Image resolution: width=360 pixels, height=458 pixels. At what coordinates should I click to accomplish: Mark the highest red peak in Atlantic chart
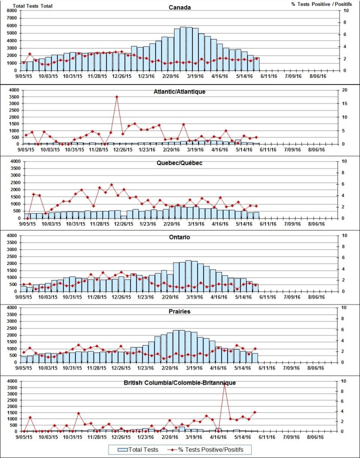coord(116,96)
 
